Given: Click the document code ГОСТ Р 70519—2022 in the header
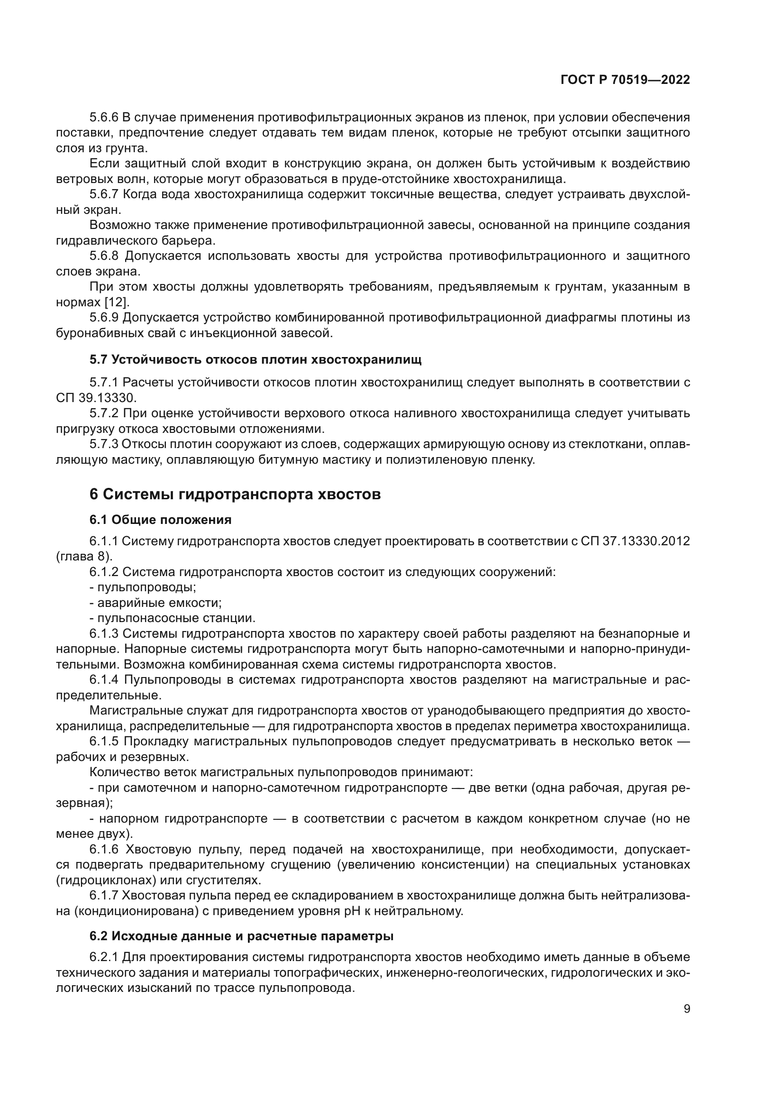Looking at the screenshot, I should [x=625, y=80].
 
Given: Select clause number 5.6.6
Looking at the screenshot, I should [x=104, y=118].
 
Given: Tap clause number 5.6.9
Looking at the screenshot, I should [x=104, y=317].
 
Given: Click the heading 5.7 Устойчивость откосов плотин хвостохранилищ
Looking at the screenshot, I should [x=255, y=359].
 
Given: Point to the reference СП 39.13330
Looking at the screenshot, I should [x=96, y=398].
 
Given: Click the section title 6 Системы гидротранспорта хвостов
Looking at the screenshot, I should [x=235, y=494].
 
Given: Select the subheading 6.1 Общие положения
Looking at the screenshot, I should [x=160, y=520].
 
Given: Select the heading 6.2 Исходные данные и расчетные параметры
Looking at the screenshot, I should [x=241, y=936].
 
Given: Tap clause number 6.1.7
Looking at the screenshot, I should [x=104, y=896].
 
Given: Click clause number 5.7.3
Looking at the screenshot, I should [x=104, y=444].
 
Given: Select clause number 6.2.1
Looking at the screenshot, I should [x=104, y=957].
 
